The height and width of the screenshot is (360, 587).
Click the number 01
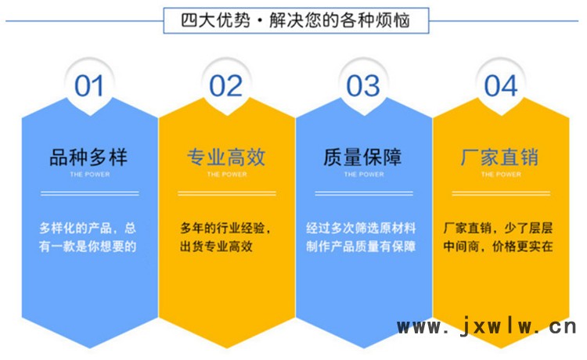[88, 86]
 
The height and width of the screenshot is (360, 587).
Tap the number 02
[225, 86]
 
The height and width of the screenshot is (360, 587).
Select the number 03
[362, 86]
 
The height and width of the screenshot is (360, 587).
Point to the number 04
[501, 86]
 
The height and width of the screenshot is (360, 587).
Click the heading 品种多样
[88, 157]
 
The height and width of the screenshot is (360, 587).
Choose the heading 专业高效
[226, 157]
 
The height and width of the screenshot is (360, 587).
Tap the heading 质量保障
[362, 157]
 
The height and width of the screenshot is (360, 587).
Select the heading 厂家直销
[500, 157]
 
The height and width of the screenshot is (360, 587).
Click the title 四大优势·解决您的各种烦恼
[295, 20]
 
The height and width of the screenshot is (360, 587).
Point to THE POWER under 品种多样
[90, 175]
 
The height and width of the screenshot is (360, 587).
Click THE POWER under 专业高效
[227, 175]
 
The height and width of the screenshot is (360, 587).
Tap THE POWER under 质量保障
[364, 175]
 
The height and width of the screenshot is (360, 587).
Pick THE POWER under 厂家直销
[501, 175]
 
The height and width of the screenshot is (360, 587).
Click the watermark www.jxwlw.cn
[487, 326]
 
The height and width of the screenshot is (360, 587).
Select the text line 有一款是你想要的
[88, 247]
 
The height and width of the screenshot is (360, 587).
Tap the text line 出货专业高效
[216, 247]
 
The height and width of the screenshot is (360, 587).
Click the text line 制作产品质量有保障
[361, 247]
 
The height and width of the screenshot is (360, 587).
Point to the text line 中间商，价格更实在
[498, 247]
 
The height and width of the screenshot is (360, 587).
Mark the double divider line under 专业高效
[227, 193]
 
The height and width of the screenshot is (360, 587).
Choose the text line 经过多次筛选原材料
[361, 228]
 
